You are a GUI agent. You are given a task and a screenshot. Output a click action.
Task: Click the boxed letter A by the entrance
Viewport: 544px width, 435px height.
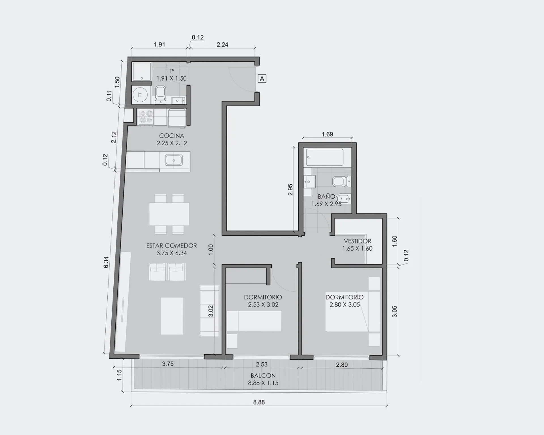tap(262, 78)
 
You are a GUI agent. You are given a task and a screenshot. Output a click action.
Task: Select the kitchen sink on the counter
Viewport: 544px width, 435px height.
tap(174, 160)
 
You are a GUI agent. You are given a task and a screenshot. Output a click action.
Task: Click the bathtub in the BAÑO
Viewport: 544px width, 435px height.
tap(325, 157)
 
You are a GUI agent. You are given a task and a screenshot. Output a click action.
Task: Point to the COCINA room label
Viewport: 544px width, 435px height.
tap(171, 136)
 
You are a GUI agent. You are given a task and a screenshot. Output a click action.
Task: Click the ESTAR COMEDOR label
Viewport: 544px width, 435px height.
tap(171, 246)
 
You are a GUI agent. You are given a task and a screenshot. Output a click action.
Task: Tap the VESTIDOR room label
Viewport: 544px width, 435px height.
tap(358, 241)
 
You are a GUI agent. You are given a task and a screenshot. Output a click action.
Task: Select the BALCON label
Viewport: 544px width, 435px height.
tap(263, 376)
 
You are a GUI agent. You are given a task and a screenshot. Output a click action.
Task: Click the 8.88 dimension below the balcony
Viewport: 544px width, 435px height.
tap(259, 402)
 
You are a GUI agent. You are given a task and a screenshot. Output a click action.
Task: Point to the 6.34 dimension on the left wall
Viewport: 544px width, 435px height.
tap(106, 262)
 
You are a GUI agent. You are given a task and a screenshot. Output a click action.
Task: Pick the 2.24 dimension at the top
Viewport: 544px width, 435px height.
tap(222, 44)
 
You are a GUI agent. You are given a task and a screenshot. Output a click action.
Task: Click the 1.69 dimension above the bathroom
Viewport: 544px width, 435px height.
tap(327, 134)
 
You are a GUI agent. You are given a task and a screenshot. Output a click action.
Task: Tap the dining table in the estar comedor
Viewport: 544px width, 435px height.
tap(169, 214)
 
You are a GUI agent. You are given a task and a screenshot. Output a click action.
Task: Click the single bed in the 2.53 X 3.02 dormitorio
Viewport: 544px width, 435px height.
tap(254, 321)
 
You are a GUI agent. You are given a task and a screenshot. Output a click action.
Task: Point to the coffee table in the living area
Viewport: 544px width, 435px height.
tap(172, 316)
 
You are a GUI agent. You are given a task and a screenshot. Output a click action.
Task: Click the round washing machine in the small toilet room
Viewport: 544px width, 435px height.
tap(140, 95)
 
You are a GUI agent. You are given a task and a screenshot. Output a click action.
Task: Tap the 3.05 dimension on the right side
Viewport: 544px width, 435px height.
tap(394, 311)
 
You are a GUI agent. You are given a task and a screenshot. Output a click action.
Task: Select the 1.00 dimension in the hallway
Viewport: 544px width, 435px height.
tap(211, 250)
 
